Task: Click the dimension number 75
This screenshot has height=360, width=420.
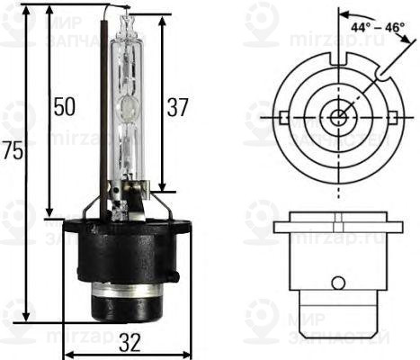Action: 12,154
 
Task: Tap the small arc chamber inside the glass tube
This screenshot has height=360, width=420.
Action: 129,110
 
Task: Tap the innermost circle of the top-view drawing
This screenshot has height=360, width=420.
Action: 337,116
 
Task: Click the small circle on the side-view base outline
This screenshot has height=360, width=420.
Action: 337,283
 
